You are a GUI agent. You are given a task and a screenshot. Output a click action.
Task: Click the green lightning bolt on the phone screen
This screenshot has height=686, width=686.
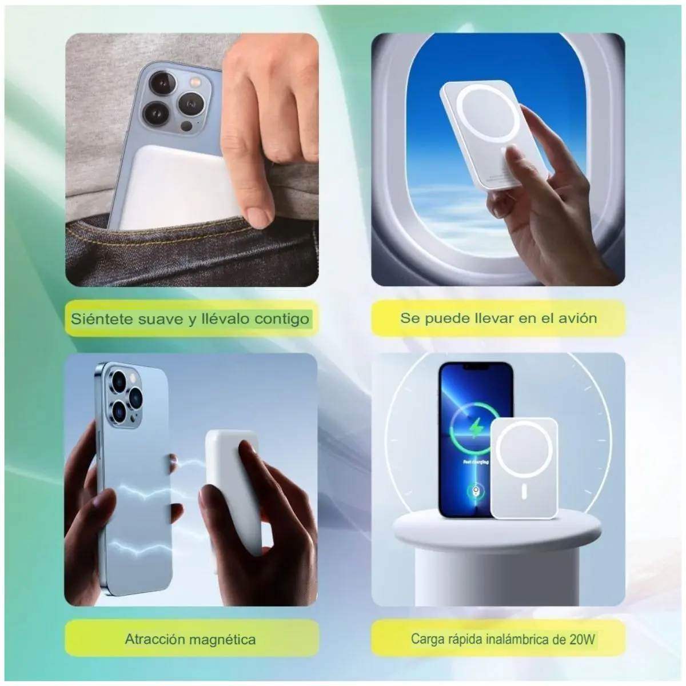click(475, 428)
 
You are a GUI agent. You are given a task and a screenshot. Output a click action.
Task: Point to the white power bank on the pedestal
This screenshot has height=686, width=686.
click(524, 468)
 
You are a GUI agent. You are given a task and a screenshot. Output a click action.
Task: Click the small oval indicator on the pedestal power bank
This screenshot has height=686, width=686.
click(524, 491)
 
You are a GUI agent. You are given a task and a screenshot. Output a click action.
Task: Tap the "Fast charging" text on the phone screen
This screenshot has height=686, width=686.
click(476, 462)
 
